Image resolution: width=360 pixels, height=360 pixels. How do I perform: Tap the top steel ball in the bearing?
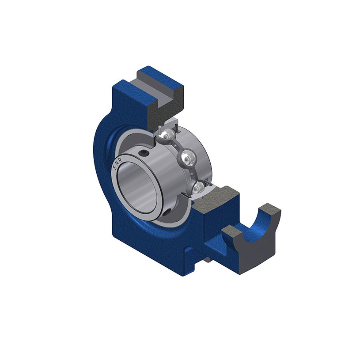(166, 135)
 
